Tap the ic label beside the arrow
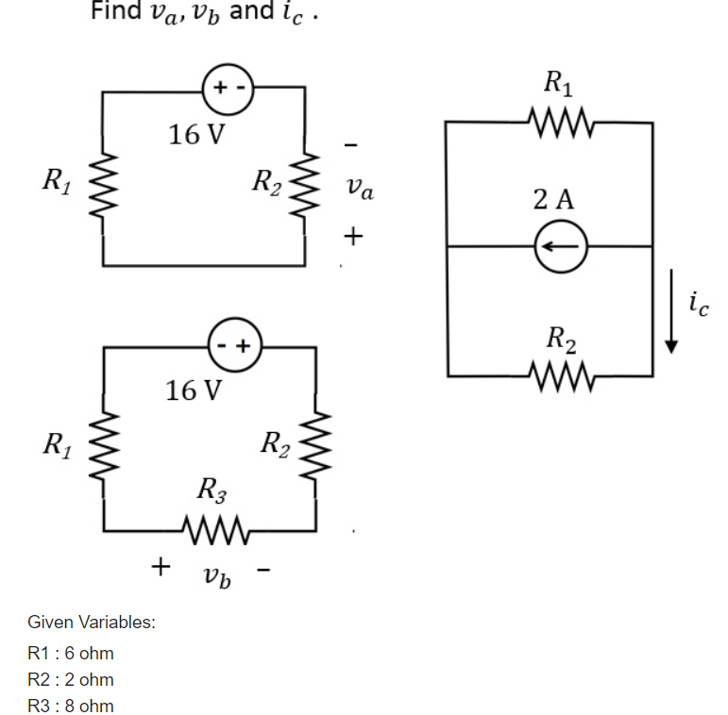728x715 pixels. (698, 303)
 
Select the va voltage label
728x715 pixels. (359, 191)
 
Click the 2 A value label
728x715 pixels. (553, 199)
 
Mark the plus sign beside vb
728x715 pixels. (161, 566)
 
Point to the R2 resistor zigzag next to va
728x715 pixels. (304, 184)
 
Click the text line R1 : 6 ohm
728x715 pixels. (71, 653)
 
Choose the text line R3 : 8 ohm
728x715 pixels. (71, 706)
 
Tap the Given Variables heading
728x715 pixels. (92, 623)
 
